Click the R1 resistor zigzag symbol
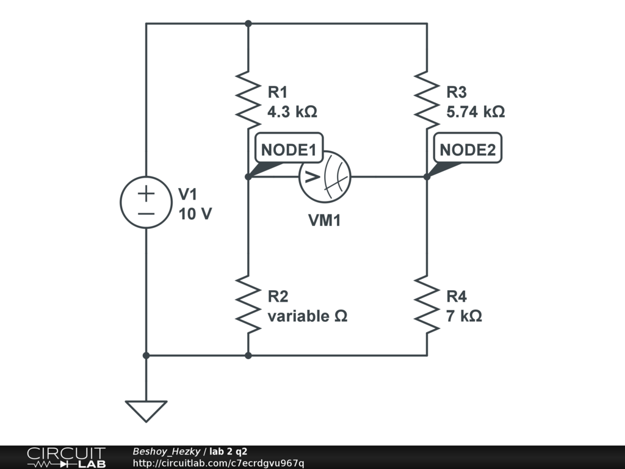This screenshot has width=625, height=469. pos(248,97)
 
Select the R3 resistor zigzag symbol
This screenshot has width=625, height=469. pos(427,97)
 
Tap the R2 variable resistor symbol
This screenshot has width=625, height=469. pos(248,304)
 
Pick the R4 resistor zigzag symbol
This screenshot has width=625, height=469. pos(427,304)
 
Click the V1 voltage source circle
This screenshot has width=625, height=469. pos(146,203)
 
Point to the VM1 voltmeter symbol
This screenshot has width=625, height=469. pos(325,177)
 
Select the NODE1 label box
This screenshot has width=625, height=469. pos(289,150)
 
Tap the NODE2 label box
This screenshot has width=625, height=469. pos(468,150)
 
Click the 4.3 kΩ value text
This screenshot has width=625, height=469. pos(292,112)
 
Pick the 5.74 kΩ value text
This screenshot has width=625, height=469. pos(475,112)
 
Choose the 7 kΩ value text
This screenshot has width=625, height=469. pos(464,316)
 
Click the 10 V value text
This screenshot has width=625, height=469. pos(195,214)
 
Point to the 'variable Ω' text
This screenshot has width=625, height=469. pos(307,316)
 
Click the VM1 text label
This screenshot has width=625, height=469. pos(324,220)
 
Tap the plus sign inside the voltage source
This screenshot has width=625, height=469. pos(146,194)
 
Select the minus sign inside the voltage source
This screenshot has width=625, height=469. pos(146,214)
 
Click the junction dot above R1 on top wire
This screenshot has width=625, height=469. pos(248,23)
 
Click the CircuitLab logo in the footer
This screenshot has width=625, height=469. pos(66,457)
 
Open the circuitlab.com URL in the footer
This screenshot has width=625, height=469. pos(218,463)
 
